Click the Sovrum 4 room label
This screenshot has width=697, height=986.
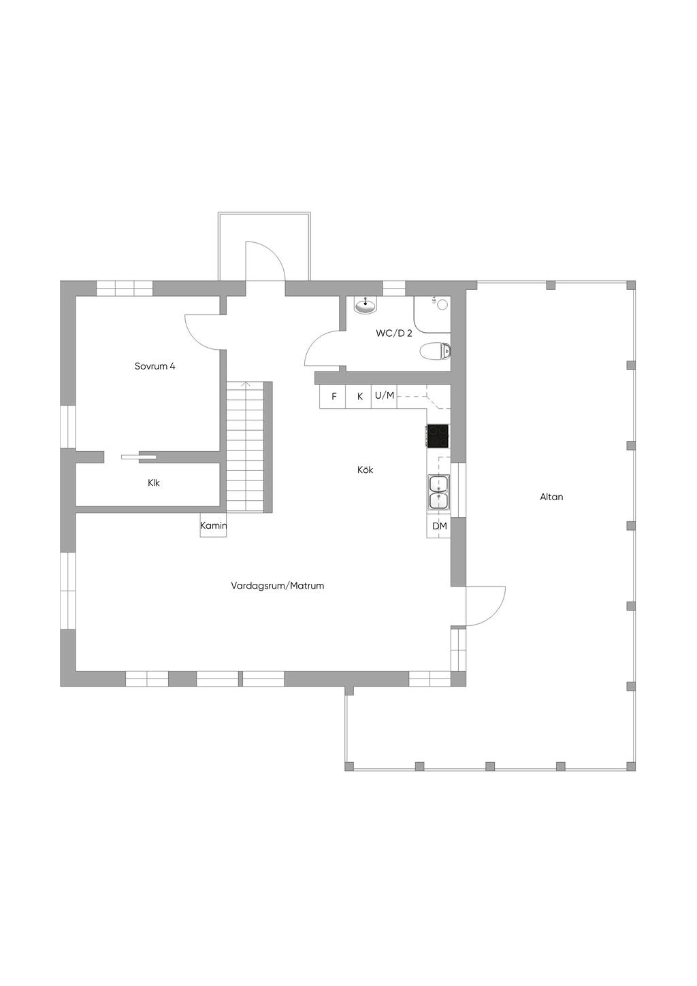[x=155, y=366]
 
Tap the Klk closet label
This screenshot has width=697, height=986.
[x=154, y=482]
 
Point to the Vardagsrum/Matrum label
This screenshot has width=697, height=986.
[x=277, y=585]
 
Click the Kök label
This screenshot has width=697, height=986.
[x=365, y=470]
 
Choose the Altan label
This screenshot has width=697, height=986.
[x=551, y=497]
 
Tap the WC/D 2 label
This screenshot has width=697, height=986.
[x=394, y=333]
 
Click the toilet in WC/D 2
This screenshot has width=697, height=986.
[x=436, y=351]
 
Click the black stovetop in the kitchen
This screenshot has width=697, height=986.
[x=438, y=436]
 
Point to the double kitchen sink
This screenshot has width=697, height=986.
[x=438, y=492]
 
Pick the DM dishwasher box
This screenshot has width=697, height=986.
[x=439, y=526]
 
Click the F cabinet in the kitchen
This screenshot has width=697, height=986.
[x=334, y=397]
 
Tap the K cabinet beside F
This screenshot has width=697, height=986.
[x=359, y=397]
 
